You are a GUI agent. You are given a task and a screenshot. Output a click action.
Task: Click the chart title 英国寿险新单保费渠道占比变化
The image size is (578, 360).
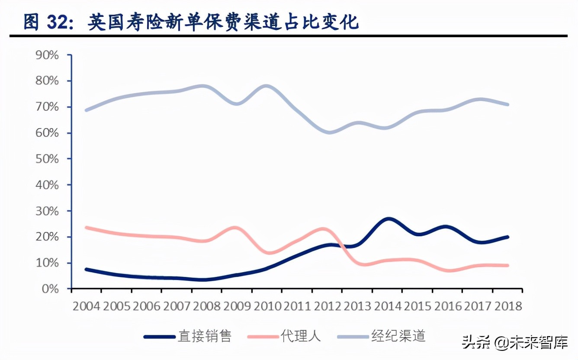tap(223, 22)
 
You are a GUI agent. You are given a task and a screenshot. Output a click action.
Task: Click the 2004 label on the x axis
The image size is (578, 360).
tap(87, 306)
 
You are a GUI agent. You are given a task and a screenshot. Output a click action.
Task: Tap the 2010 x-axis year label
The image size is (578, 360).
tap(267, 306)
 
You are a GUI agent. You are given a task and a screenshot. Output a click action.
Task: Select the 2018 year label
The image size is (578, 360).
tap(508, 306)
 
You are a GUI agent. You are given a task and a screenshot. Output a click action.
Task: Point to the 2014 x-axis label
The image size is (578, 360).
tap(388, 306)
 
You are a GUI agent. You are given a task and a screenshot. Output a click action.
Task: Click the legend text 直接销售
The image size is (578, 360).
tap(205, 336)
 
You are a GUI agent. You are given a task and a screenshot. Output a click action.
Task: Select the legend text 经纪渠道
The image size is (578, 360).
tap(398, 336)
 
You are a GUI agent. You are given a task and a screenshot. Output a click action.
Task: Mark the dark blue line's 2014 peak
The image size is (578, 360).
tap(388, 219)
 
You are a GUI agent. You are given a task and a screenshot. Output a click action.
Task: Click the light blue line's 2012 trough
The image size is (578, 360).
tap(329, 132)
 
